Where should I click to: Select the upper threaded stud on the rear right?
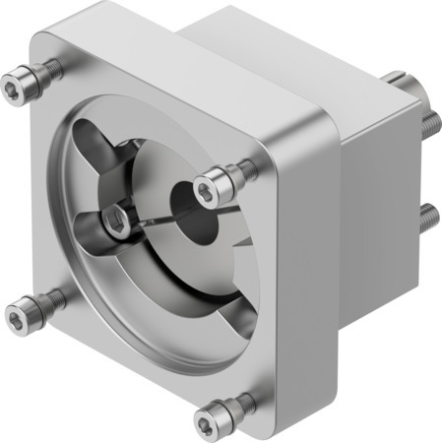click(430, 123)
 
